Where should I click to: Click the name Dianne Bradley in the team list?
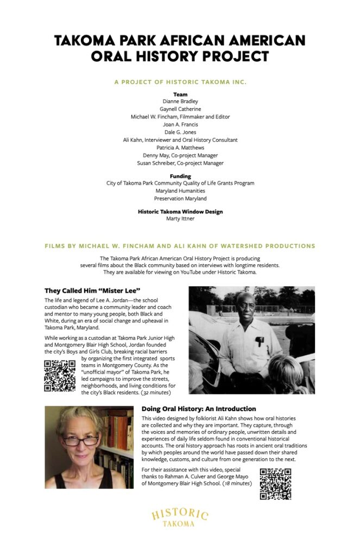[x=180, y=101]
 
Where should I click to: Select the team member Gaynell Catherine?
[x=180, y=109]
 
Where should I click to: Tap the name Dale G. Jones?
[x=180, y=132]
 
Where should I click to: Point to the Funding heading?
[x=180, y=176]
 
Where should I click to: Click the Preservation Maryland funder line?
[x=180, y=199]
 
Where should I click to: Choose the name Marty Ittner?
[x=180, y=219]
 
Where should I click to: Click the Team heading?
[x=180, y=94]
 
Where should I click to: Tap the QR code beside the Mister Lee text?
[x=60, y=376]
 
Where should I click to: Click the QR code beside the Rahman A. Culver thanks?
[x=275, y=483]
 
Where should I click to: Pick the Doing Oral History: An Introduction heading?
[x=198, y=408]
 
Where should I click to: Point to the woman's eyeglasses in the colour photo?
[x=80, y=439]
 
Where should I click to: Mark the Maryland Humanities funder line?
[x=180, y=191]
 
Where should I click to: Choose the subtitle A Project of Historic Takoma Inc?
[x=180, y=82]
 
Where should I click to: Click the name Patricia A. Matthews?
[x=180, y=147]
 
